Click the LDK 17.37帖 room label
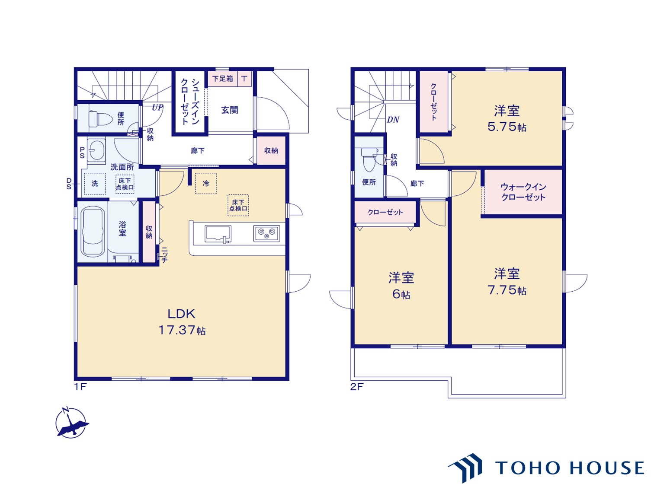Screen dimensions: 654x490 coord(182,321)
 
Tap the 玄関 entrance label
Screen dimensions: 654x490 coord(229,110)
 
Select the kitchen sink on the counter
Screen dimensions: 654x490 coord(218,234)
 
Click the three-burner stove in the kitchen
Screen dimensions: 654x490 coord(266,233)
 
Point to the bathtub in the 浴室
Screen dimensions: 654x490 coord(93,232)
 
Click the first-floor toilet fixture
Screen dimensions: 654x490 coord(100,119)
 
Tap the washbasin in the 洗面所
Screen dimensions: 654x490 coord(96,150)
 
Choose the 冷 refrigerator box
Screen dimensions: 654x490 coord(205,184)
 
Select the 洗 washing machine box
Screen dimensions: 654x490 coord(95,184)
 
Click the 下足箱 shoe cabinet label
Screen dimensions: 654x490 coord(223,79)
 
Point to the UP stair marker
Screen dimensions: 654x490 coord(157,107)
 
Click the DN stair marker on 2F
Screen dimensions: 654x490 coord(393,120)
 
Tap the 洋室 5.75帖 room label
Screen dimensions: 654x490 coord(507,118)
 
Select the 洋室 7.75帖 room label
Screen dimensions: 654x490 coord(507,281)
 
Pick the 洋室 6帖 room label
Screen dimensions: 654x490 coord(401,285)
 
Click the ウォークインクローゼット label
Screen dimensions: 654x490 coord(523,192)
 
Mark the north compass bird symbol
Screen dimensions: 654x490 coord(71,423)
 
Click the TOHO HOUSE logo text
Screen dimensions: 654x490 coord(570,468)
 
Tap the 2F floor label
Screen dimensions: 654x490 coord(357,387)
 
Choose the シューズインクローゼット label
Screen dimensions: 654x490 coord(189,102)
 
